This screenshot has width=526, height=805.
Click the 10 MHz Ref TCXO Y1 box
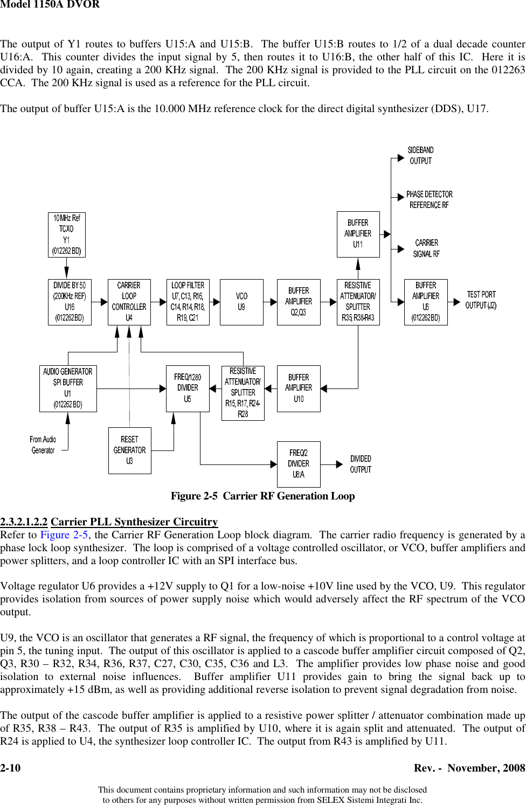[x=67, y=234]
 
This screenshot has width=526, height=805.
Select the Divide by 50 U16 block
[x=70, y=302]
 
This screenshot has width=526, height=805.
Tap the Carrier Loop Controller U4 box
[x=129, y=302]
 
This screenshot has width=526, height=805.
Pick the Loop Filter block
[x=188, y=302]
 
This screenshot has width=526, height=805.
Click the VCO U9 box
[x=241, y=302]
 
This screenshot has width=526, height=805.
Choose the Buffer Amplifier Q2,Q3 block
[x=299, y=302]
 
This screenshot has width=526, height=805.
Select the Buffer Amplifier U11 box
[x=358, y=234]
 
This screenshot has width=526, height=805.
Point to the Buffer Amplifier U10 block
[x=299, y=388]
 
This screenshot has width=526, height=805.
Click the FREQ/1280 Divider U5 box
[x=188, y=388]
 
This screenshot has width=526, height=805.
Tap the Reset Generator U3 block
[x=129, y=450]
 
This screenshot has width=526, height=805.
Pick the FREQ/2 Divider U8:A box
[x=299, y=464]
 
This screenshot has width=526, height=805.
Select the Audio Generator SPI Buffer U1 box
[x=68, y=388]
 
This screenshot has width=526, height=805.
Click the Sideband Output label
[x=420, y=156]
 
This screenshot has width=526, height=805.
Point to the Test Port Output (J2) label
[x=481, y=300]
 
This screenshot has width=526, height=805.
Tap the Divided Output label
[x=361, y=464]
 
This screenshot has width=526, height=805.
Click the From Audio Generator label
[x=43, y=445]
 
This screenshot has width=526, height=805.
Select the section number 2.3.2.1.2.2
[x=24, y=522]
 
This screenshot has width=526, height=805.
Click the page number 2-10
[x=10, y=768]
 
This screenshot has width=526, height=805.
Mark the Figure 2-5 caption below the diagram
[x=262, y=496]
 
